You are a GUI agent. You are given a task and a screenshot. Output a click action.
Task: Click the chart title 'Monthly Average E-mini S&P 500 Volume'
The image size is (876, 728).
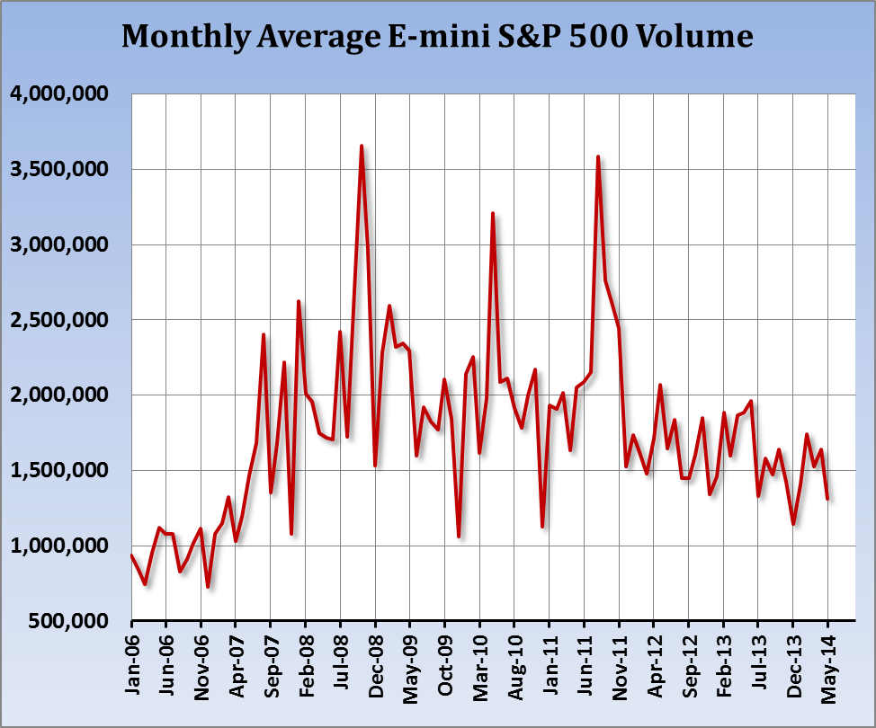point(437,36)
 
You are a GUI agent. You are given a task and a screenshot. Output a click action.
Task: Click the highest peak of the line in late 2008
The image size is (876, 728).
point(362,146)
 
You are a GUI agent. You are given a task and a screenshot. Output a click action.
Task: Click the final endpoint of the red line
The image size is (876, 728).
point(827,498)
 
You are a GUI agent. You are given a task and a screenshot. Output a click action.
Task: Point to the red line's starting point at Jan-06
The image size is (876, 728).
point(132,555)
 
